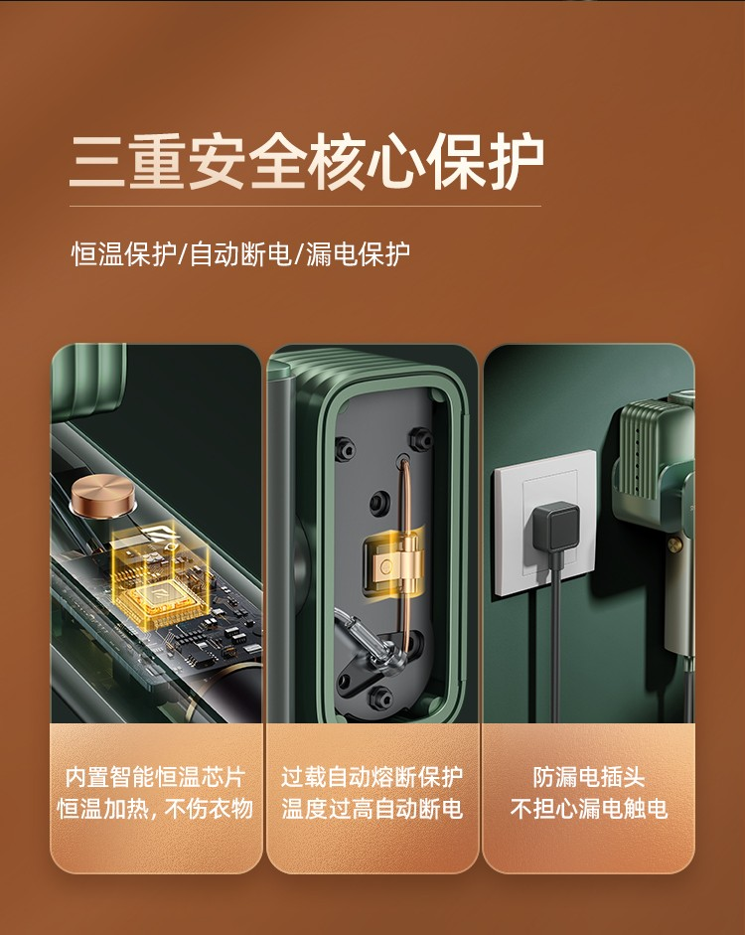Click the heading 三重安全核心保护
[x=306, y=162]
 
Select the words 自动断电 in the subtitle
[x=240, y=254]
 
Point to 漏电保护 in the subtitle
[x=358, y=254]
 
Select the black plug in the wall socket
[x=555, y=528]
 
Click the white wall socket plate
[x=544, y=523]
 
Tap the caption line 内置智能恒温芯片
[x=156, y=776]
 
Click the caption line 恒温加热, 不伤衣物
[x=156, y=809]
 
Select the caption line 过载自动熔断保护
[x=372, y=776]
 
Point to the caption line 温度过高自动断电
[x=372, y=809]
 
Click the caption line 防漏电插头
[x=589, y=776]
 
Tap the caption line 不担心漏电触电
[x=589, y=809]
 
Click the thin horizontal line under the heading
[x=305, y=207]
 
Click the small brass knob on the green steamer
[x=674, y=544]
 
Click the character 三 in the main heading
[x=97, y=163]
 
